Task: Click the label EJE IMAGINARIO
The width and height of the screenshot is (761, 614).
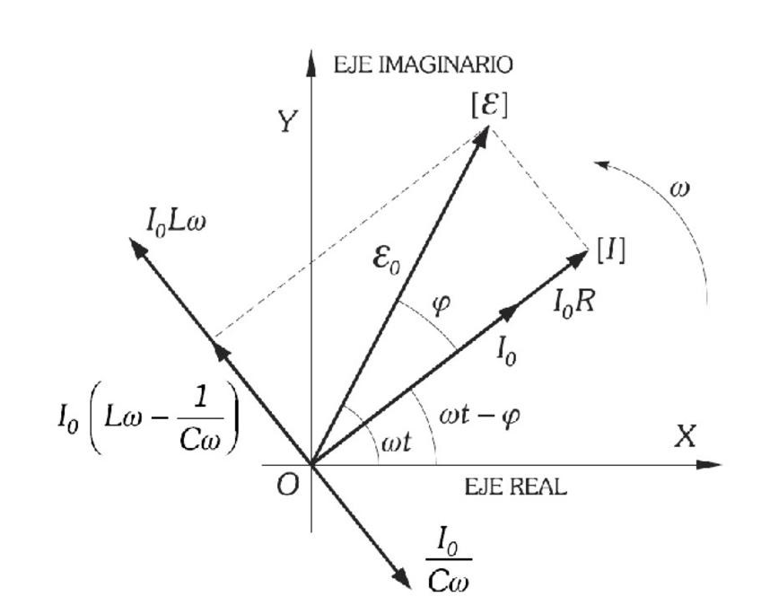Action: pyautogui.click(x=423, y=65)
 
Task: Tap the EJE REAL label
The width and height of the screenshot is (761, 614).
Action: pyautogui.click(x=515, y=487)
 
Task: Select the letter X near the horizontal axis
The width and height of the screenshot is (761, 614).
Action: pyautogui.click(x=686, y=437)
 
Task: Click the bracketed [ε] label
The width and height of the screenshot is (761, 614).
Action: pyautogui.click(x=489, y=105)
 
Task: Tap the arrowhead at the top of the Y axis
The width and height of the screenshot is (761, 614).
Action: pyautogui.click(x=311, y=61)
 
